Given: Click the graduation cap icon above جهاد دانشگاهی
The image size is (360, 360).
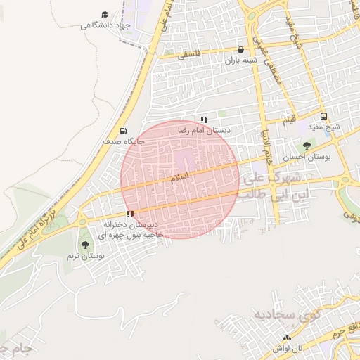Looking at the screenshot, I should point(105,15).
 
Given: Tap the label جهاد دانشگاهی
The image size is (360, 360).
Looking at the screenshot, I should point(106,26).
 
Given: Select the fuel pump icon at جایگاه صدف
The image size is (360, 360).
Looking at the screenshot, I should point(124,131).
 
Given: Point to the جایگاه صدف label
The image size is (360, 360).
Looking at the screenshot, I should point(124,141).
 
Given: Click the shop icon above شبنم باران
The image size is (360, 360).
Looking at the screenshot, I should point(242,50).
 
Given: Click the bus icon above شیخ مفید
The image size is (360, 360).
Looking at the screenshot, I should point(323,117).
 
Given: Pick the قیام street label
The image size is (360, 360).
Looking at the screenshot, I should point(289,120).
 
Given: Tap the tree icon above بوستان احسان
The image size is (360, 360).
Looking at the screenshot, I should point(306,146).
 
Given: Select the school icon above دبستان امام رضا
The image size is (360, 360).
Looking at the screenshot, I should point(204,120).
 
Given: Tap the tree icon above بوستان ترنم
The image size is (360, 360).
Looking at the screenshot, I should point(86,245).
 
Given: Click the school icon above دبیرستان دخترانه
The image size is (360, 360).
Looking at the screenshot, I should point(130,214).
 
